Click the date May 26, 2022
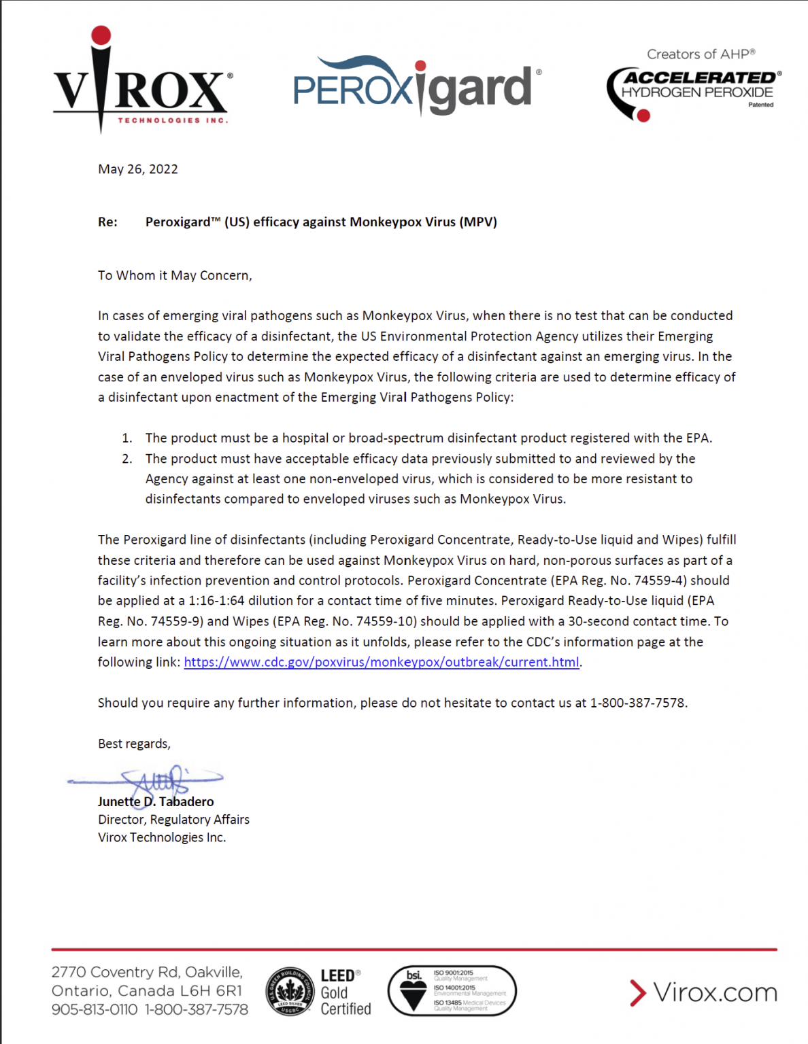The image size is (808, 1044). [138, 169]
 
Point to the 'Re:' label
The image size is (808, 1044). [107, 222]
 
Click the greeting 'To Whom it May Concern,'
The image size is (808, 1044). [175, 275]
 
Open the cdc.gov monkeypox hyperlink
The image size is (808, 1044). [382, 662]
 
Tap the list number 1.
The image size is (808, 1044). [127, 438]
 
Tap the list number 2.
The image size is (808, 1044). [127, 459]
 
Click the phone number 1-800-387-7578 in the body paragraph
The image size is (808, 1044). [638, 703]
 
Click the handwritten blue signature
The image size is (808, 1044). [156, 780]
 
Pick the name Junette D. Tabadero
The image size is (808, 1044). [156, 802]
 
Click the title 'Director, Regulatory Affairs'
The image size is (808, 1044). [173, 820]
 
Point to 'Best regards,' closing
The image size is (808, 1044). [134, 744]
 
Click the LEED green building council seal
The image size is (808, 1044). [290, 992]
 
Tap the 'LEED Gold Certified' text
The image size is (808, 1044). [345, 992]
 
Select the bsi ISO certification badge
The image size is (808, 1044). [452, 991]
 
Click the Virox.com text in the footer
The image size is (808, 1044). [714, 992]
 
